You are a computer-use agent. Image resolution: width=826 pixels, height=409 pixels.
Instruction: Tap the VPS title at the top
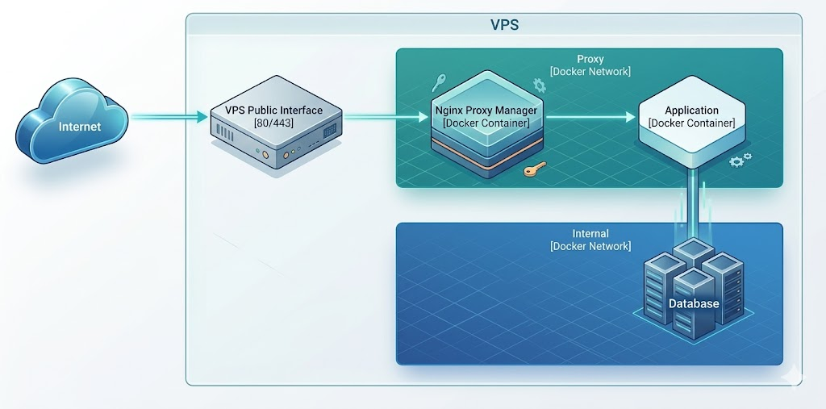coord(504,25)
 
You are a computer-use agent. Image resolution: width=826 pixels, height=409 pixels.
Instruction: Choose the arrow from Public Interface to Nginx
coord(386,118)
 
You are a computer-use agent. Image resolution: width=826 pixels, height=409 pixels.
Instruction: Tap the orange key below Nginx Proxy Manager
coord(532,169)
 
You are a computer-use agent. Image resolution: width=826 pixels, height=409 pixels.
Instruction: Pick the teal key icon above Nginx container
coord(440,81)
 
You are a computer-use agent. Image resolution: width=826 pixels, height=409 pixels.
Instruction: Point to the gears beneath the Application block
coord(740,160)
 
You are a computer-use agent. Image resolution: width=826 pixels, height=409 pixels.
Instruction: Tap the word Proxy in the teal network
coord(590,59)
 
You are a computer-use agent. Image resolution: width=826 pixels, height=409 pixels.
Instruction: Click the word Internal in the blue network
coord(590,233)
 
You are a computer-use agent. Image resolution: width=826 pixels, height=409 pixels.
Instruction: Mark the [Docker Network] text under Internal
coord(590,246)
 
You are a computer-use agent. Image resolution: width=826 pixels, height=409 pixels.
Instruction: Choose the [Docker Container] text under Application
coord(691,123)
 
